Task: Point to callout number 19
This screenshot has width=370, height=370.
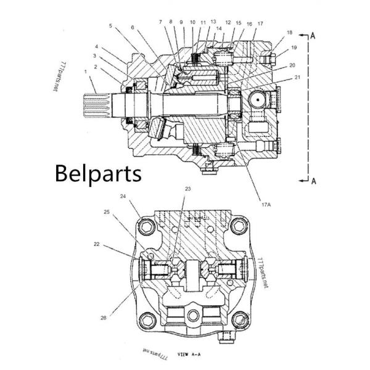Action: (294, 47)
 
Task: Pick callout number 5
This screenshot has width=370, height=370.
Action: (110, 26)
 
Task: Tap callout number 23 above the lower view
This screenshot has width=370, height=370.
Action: (187, 189)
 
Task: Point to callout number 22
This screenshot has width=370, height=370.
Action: (97, 245)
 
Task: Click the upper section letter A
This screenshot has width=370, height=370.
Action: (313, 36)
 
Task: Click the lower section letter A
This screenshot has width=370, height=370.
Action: (313, 181)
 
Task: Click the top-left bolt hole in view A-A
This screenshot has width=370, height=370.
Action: (147, 229)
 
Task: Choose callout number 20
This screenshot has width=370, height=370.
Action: (292, 65)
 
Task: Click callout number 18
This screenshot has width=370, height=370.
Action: (290, 31)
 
